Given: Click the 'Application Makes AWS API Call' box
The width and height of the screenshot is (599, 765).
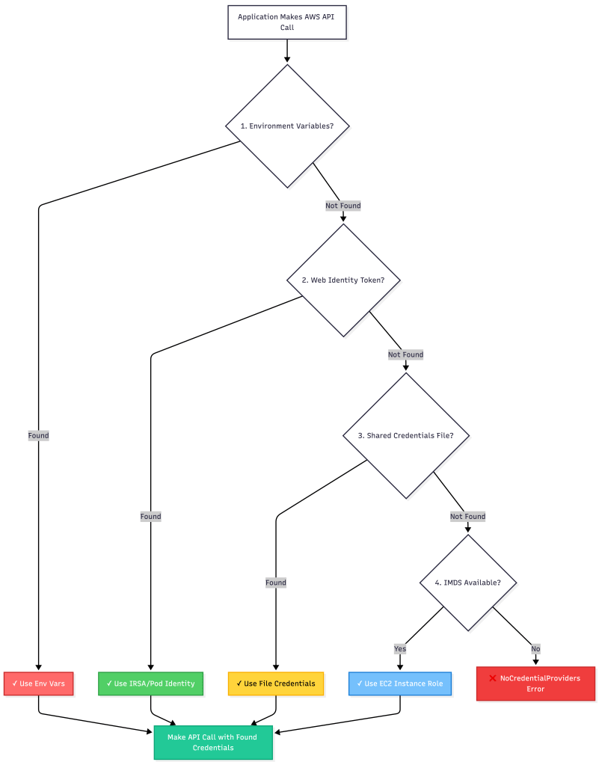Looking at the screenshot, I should click(287, 22).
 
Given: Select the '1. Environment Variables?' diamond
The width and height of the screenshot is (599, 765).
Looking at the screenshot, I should click(287, 126).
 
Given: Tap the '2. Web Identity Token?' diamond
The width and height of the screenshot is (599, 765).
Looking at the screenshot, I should click(343, 280).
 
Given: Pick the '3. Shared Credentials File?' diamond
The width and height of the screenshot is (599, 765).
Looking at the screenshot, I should click(406, 435).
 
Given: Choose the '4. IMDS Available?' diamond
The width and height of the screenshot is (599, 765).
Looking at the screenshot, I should click(468, 583).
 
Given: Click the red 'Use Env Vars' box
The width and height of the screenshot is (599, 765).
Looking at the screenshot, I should click(39, 683).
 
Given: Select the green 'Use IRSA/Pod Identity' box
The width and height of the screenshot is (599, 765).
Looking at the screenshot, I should click(150, 683).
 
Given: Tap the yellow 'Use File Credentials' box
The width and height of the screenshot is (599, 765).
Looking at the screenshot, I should click(276, 683).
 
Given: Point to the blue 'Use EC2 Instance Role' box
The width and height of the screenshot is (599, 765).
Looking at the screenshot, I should click(400, 683).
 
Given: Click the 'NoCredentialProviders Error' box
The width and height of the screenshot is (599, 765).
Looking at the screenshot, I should click(535, 683).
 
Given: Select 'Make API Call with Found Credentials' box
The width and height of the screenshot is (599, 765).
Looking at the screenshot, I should click(213, 742).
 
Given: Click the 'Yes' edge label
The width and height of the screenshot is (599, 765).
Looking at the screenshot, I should click(400, 648).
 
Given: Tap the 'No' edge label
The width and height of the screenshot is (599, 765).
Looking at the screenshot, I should click(535, 648).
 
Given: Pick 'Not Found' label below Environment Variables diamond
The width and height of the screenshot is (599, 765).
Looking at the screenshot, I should click(343, 206).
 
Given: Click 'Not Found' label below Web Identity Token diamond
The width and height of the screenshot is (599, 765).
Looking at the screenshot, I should click(406, 354).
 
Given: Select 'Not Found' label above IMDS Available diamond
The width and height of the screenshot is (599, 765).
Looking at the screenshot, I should click(468, 516).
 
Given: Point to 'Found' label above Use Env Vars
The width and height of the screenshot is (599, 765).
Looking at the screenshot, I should click(39, 435).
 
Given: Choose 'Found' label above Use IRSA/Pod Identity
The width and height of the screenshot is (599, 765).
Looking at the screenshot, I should click(150, 516).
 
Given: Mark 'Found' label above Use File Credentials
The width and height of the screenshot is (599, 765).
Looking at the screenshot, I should click(276, 582).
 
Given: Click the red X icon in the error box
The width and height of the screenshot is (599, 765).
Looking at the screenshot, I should click(493, 678).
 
